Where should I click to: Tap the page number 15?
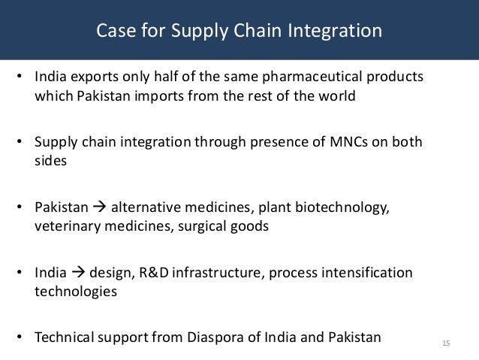(x=446, y=344)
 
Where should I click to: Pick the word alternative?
(x=144, y=207)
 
